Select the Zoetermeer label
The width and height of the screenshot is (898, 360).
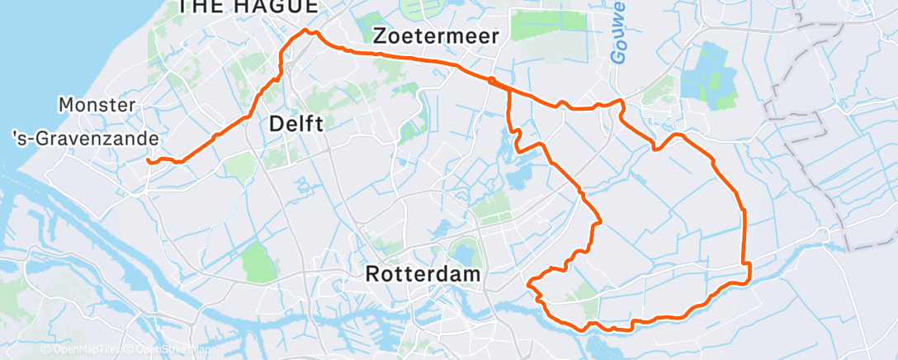click(436, 36)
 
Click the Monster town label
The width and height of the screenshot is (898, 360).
click(97, 105)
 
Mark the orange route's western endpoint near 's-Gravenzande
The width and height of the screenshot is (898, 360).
click(149, 161)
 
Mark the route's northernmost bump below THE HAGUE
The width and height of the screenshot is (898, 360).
click(309, 31)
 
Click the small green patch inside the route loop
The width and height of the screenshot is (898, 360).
click(584, 290)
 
